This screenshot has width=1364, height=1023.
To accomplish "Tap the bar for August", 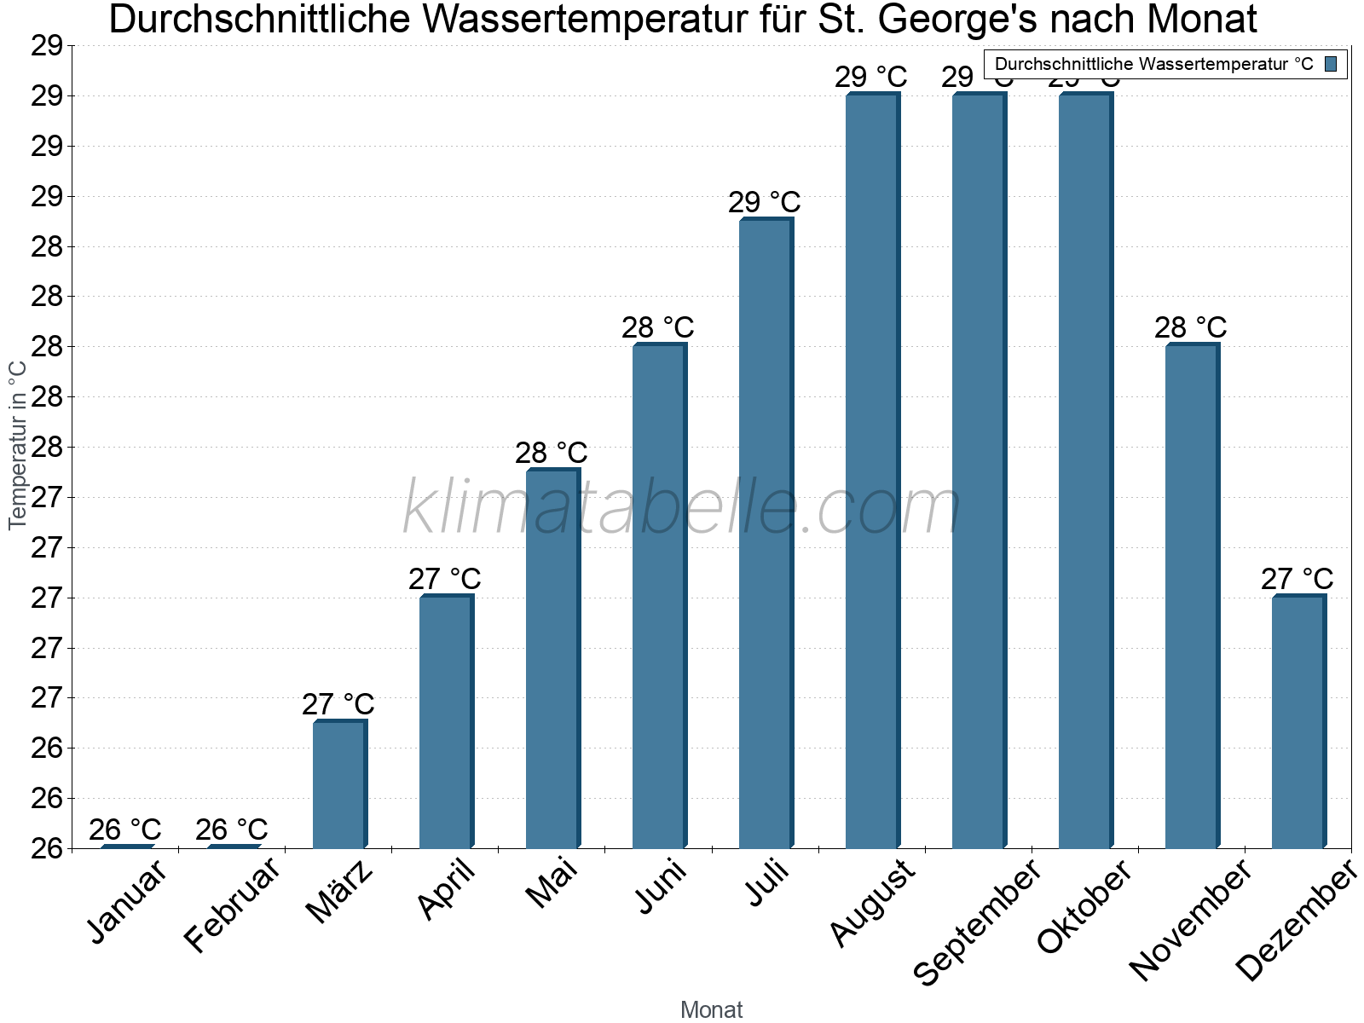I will click(x=872, y=471).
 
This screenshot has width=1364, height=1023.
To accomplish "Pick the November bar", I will click(x=1192, y=596).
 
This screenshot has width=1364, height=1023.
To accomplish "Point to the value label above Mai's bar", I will click(x=552, y=453).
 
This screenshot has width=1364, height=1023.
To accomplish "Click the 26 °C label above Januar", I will click(x=125, y=829).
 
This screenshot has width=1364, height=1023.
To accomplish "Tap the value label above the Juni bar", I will click(x=658, y=327).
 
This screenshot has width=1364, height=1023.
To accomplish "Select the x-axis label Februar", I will click(x=231, y=905).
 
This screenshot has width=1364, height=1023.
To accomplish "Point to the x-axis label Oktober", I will click(x=1084, y=908).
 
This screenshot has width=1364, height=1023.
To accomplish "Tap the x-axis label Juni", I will click(x=662, y=887).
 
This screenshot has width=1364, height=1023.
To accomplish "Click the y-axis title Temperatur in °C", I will click(x=18, y=445).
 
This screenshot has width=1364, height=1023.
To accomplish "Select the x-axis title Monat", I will click(x=712, y=1010).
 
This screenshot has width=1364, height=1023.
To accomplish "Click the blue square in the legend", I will click(x=1332, y=64).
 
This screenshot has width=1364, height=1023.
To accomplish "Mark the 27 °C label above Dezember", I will click(x=1298, y=579).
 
